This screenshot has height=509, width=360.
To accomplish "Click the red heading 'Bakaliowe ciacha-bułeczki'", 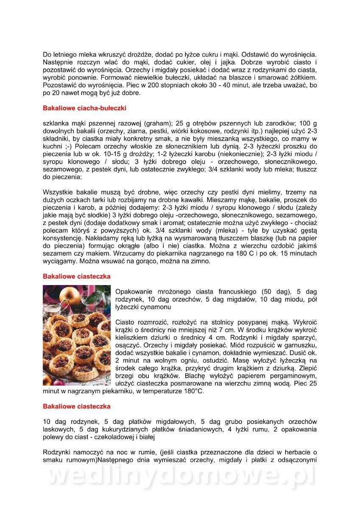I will click(84, 108).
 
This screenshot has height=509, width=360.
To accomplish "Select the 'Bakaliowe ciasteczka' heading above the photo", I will click(76, 276).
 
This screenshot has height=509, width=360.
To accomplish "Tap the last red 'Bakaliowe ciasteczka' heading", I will click(76, 406).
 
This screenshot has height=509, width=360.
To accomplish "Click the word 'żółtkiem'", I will click(303, 78).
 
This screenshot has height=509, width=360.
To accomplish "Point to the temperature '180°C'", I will click(192, 391).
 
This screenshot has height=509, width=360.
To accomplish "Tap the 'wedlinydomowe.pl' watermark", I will click(180, 477).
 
